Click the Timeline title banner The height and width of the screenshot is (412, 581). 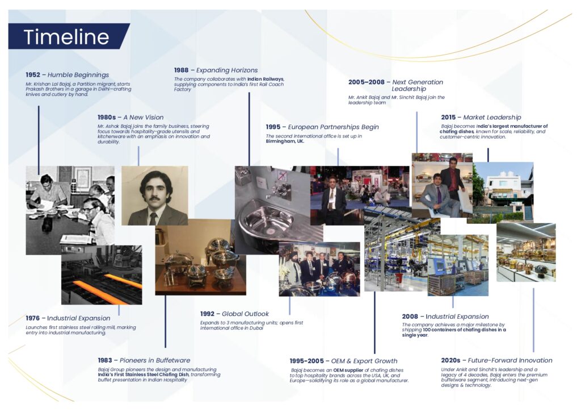pyautogui.click(x=69, y=36)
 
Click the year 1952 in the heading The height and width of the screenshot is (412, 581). pyautogui.click(x=33, y=74)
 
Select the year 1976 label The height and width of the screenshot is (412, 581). pyautogui.click(x=32, y=318)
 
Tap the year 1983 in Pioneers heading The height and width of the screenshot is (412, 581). pyautogui.click(x=105, y=360)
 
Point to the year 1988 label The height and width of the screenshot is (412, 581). pyautogui.click(x=181, y=70)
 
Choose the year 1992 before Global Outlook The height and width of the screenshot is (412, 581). pyautogui.click(x=208, y=314)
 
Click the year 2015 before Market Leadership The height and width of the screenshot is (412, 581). pyautogui.click(x=448, y=117)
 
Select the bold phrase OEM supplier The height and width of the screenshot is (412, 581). pyautogui.click(x=348, y=370)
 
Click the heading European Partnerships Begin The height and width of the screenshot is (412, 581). pyautogui.click(x=333, y=127)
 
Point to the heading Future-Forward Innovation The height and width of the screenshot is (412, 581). pyautogui.click(x=510, y=360)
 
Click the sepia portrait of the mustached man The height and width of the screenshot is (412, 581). pyautogui.click(x=154, y=195)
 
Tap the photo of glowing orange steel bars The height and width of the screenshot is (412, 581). pyautogui.click(x=102, y=275)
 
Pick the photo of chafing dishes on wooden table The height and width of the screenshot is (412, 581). pyautogui.click(x=200, y=257)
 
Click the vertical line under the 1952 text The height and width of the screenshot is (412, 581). pyautogui.click(x=39, y=140)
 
